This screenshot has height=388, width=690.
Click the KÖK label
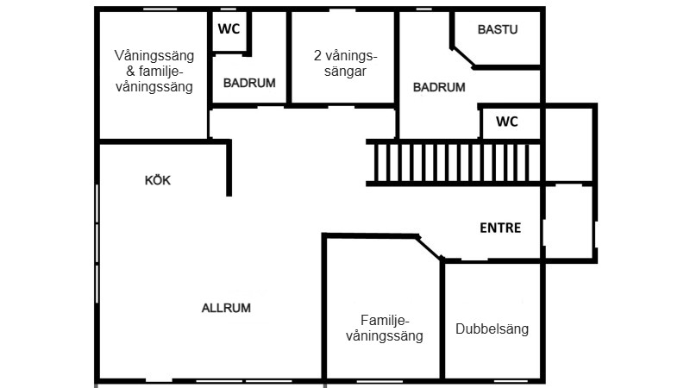(x=158, y=180)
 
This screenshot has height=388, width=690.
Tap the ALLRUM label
(x=226, y=308)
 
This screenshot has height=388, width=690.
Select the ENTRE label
(x=500, y=228)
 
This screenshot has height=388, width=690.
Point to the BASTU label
(x=498, y=29)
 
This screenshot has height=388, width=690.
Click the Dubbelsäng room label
(x=492, y=329)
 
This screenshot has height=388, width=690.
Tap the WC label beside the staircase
(x=507, y=122)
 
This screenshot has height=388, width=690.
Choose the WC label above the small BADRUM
(x=229, y=29)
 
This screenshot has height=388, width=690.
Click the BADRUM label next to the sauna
(x=439, y=87)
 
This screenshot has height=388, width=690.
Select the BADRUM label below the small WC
(x=249, y=83)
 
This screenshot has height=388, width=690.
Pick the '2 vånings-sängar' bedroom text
(x=346, y=63)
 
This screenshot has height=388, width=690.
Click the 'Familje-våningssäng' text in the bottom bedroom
(x=385, y=329)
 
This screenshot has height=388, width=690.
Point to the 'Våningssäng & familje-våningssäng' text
(x=154, y=71)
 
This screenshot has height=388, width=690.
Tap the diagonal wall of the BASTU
(x=463, y=58)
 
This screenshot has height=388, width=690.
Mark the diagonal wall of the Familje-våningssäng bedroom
(x=429, y=247)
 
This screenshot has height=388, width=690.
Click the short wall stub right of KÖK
(x=229, y=169)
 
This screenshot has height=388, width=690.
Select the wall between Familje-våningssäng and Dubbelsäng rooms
(x=442, y=319)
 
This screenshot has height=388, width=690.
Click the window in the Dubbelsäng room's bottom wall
(x=511, y=381)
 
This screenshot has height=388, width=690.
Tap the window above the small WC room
(x=228, y=9)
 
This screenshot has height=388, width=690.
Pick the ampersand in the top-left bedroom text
(x=131, y=72)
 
